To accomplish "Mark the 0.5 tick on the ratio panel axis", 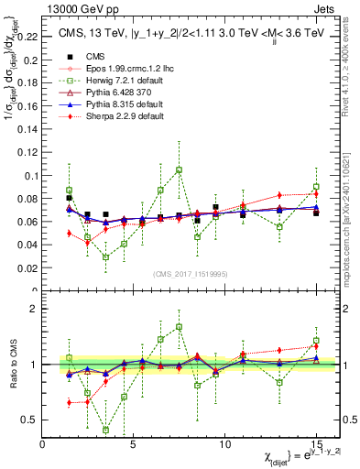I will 30,420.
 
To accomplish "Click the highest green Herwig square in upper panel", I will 179,169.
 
